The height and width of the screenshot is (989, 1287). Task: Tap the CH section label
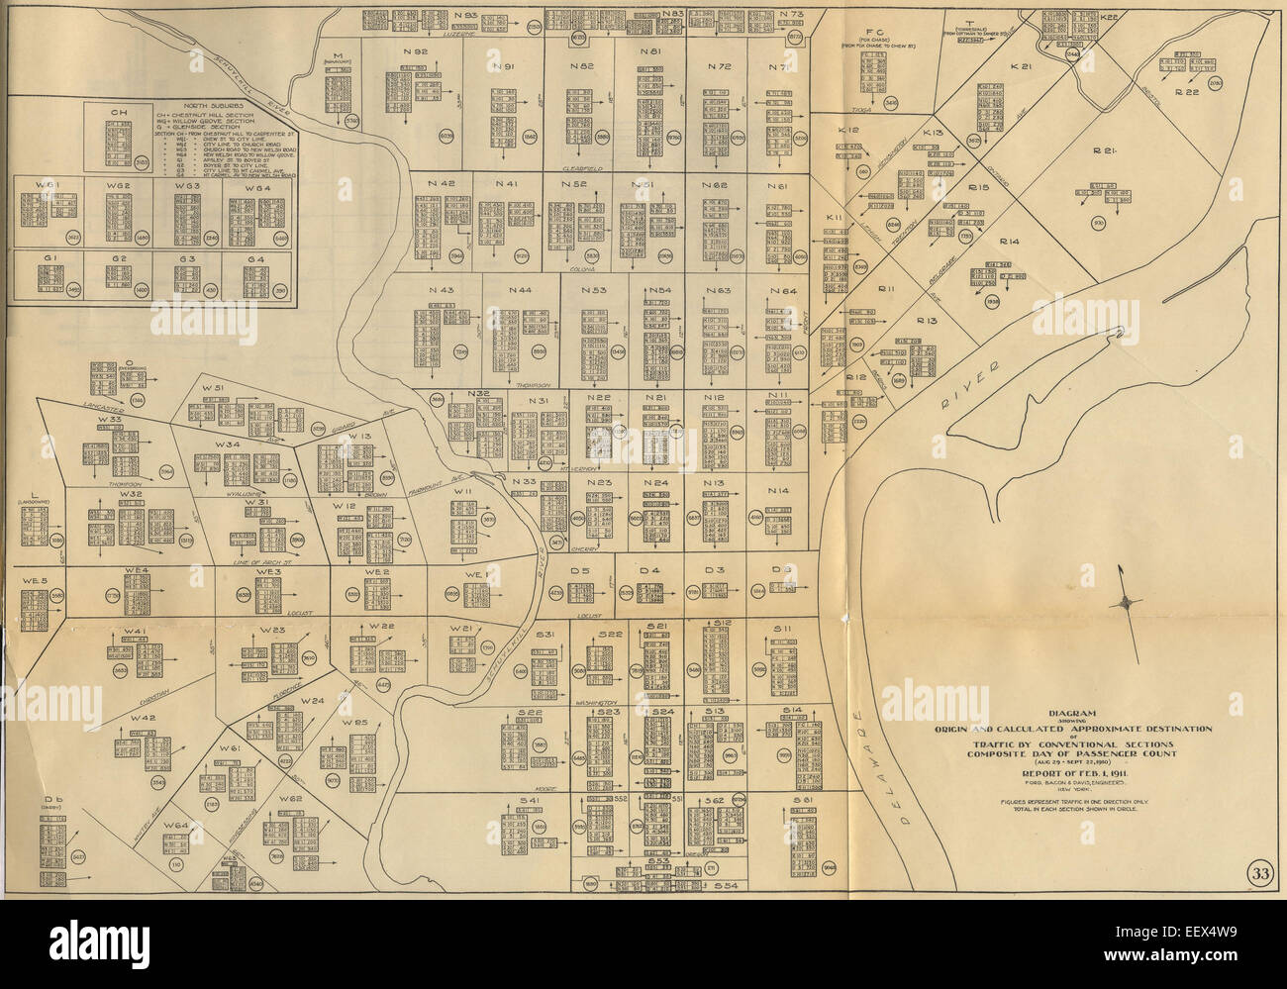pyautogui.click(x=118, y=112)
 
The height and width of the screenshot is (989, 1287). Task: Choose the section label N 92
pyautogui.click(x=415, y=51)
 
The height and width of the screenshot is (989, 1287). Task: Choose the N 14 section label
pyautogui.click(x=778, y=491)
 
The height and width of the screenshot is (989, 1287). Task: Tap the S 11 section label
pyautogui.click(x=783, y=629)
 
